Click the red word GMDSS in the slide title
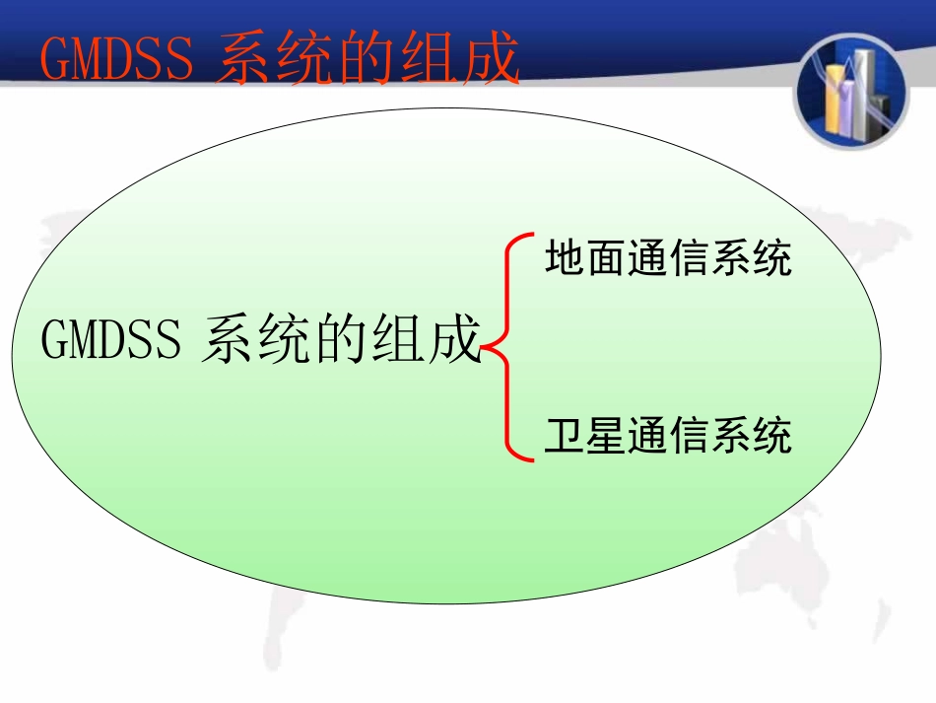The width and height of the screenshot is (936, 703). (x=117, y=60)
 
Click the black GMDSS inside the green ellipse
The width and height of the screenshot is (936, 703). (x=111, y=341)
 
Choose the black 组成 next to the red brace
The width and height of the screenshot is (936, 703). (x=423, y=341)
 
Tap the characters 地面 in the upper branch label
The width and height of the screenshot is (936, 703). (x=585, y=260)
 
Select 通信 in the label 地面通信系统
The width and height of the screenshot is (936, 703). (x=668, y=260)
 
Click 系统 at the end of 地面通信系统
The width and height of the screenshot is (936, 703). (x=751, y=260)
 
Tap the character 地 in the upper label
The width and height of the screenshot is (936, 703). (x=565, y=260)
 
